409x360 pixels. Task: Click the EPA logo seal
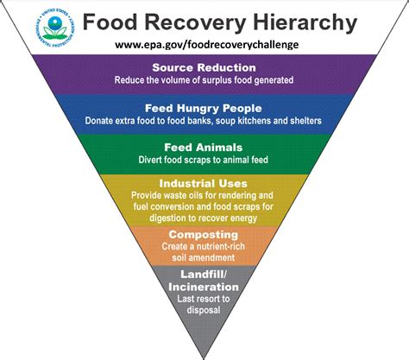click(55, 28)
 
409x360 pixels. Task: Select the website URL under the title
click(207, 45)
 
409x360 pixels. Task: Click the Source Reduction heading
click(204, 67)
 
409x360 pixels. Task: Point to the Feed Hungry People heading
click(204, 108)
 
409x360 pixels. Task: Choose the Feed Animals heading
click(204, 148)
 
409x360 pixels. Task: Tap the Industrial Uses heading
click(204, 183)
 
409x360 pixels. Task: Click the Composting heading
click(204, 235)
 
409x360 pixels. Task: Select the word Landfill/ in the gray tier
click(204, 274)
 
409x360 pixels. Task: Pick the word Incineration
click(204, 287)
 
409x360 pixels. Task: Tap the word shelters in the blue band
click(305, 120)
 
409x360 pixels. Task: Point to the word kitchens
click(254, 120)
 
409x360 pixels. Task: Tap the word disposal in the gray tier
click(204, 310)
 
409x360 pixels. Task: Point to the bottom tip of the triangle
click(204, 359)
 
